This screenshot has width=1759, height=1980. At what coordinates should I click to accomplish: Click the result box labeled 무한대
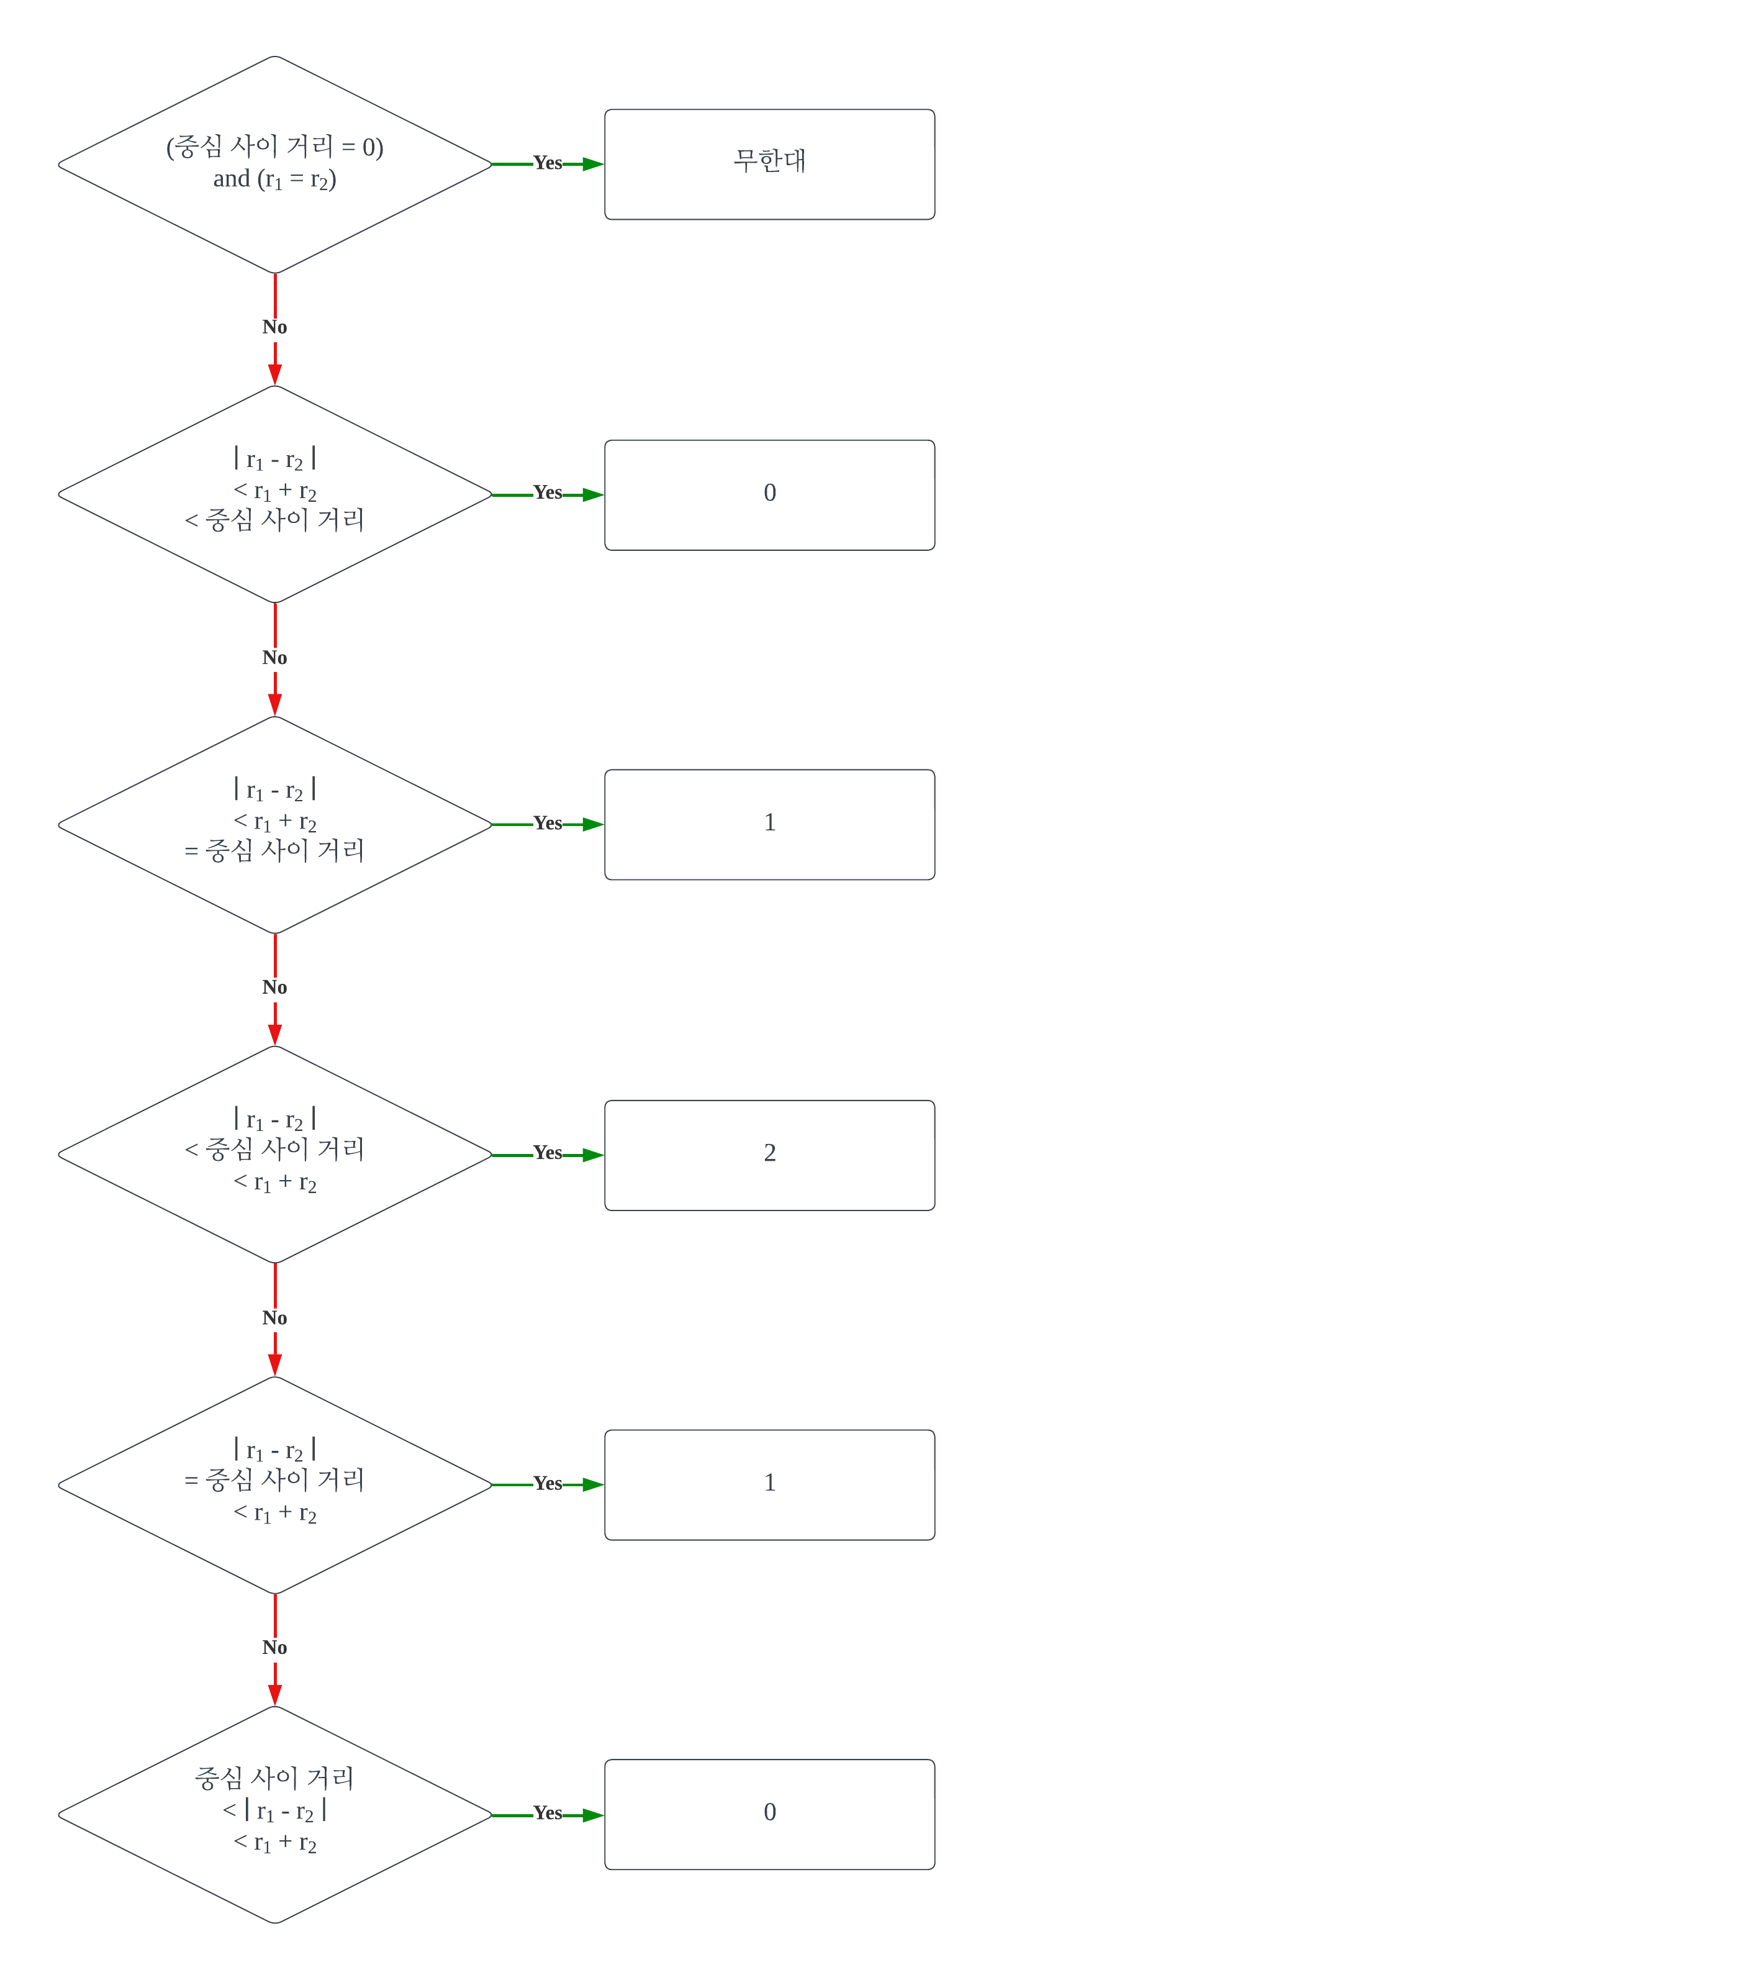click(769, 164)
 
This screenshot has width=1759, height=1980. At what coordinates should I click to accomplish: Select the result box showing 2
click(769, 1155)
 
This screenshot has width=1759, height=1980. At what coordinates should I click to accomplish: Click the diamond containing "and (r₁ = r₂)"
click(275, 164)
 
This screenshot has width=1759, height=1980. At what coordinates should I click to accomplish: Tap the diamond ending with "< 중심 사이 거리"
click(275, 494)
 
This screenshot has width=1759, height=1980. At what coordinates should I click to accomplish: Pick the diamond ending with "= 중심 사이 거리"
click(275, 824)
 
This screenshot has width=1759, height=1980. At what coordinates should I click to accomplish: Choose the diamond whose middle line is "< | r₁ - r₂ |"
click(275, 1814)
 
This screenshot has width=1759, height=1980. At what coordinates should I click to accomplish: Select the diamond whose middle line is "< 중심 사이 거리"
click(275, 1155)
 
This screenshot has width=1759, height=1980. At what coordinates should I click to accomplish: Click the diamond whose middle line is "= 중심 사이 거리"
click(275, 1484)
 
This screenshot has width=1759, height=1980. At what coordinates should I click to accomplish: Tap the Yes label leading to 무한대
click(547, 163)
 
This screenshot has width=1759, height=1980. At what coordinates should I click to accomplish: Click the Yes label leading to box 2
click(547, 1153)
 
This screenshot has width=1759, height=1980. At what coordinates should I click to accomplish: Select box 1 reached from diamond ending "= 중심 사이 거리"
click(769, 824)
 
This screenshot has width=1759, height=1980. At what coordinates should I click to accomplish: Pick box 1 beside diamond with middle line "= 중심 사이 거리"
click(769, 1484)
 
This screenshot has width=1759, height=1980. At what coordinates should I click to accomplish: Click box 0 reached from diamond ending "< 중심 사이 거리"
click(769, 494)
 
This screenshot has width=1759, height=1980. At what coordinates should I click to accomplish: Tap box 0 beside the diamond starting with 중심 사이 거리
click(769, 1814)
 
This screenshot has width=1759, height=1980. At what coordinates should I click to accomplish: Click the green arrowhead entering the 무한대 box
click(593, 164)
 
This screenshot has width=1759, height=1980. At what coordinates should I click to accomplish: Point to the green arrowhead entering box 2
click(593, 1155)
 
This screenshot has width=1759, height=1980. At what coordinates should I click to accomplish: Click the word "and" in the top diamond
click(230, 179)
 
